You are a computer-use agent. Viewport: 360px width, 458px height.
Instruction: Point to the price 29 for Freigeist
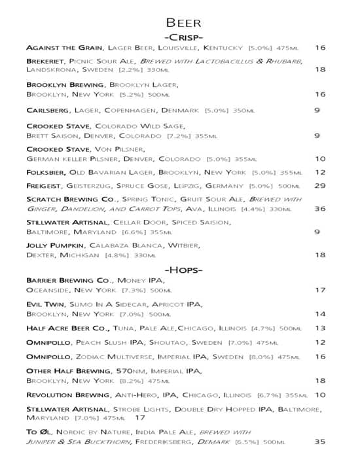pyautogui.click(x=320, y=186)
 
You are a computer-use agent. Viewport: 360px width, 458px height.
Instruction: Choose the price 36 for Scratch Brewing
pyautogui.click(x=320, y=209)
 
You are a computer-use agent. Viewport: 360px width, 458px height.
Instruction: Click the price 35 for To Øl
pyautogui.click(x=320, y=442)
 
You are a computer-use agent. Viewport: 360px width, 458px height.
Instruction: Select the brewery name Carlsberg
pyautogui.click(x=48, y=111)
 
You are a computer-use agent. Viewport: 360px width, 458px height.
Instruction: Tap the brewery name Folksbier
pyautogui.click(x=46, y=173)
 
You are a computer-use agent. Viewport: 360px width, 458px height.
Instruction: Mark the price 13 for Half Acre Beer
pyautogui.click(x=320, y=328)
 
